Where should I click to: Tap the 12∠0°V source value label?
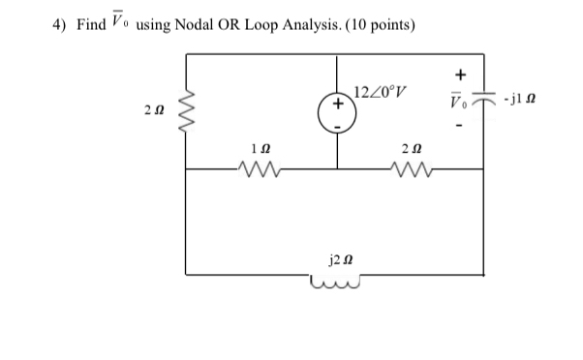click(x=379, y=94)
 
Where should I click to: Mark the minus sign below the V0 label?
click(x=460, y=127)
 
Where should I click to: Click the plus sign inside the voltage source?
click(x=337, y=102)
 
